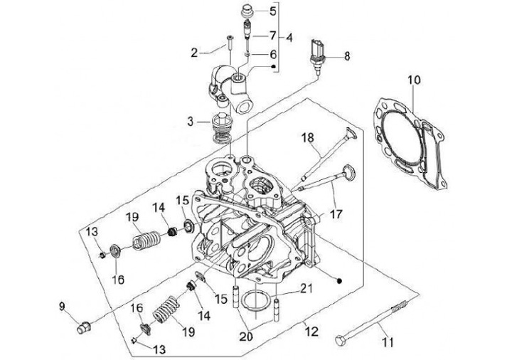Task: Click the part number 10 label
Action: click(413, 80)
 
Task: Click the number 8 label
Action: click(347, 55)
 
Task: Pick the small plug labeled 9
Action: click(84, 328)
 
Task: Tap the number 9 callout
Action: click(63, 307)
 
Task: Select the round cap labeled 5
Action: click(249, 11)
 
